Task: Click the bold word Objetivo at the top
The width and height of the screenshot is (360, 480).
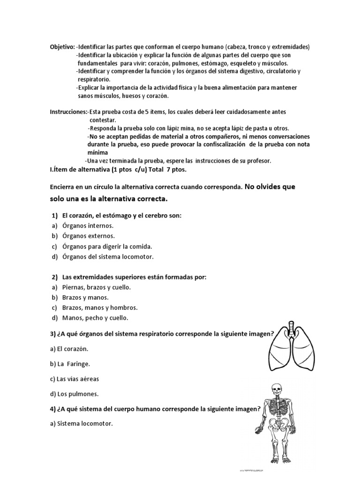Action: pyautogui.click(x=62, y=47)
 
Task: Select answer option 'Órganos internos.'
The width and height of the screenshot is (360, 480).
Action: pyautogui.click(x=88, y=225)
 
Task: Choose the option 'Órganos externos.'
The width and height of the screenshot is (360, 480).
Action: pyautogui.click(x=88, y=236)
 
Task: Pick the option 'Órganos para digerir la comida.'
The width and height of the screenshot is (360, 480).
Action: pyautogui.click(x=107, y=246)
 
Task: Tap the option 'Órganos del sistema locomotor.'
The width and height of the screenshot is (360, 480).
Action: pyautogui.click(x=108, y=256)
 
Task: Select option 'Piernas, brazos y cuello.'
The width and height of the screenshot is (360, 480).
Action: pyautogui.click(x=96, y=287)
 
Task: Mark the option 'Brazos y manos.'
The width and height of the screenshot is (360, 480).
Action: pyautogui.click(x=85, y=298)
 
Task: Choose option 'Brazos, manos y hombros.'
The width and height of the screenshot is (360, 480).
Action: pyautogui.click(x=99, y=308)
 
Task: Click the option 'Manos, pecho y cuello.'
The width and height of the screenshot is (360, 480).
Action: pyautogui.click(x=95, y=318)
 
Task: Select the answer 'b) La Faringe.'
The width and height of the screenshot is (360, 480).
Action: pyautogui.click(x=70, y=364)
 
